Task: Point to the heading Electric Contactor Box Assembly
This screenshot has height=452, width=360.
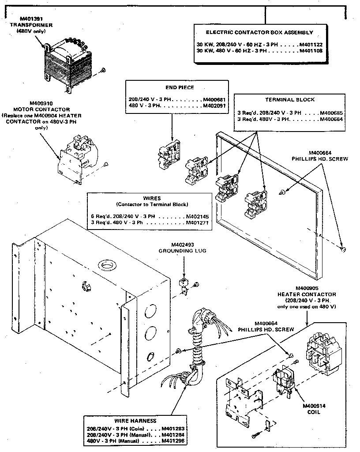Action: pos(259,32)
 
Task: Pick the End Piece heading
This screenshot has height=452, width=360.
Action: pos(180,87)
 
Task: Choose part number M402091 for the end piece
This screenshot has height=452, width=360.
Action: pos(214,106)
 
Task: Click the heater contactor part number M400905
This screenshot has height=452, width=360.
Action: pos(307,288)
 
